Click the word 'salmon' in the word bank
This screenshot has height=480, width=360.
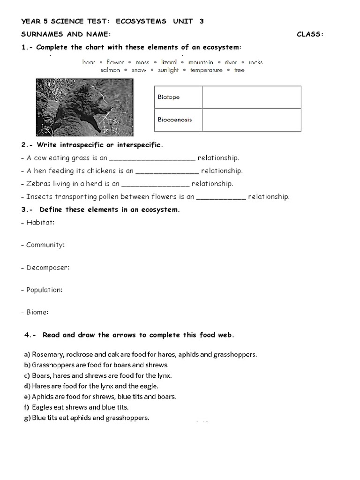pyautogui.click(x=110, y=70)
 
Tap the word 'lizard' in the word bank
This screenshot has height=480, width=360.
pyautogui.click(x=169, y=62)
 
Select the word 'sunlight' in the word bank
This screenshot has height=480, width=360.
pyautogui.click(x=168, y=70)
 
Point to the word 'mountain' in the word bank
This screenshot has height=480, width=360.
pyautogui.click(x=201, y=62)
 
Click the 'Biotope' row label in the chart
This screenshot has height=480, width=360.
pyautogui.click(x=169, y=97)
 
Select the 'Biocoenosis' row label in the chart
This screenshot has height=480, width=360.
pyautogui.click(x=174, y=120)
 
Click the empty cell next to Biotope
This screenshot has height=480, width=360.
pyautogui.click(x=251, y=97)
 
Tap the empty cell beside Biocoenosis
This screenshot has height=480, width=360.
pyautogui.click(x=251, y=120)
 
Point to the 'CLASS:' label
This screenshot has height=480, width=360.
pyautogui.click(x=310, y=34)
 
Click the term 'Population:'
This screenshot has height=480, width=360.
pyautogui.click(x=42, y=290)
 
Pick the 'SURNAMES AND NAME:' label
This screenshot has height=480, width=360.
pyautogui.click(x=66, y=34)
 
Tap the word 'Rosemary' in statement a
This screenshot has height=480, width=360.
pyautogui.click(x=46, y=354)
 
